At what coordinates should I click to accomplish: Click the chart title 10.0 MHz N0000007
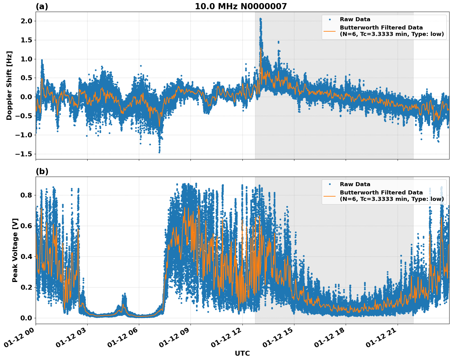coord(241,6)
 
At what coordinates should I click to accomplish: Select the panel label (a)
coord(42,6)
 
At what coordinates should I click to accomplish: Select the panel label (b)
coord(42,171)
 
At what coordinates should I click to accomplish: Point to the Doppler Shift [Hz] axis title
coord(9,85)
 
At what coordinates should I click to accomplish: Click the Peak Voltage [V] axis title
coord(15,250)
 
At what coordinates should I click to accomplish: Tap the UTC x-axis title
coord(242,353)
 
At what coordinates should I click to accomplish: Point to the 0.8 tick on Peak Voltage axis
coord(26,195)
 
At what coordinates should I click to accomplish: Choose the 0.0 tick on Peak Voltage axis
coord(26,318)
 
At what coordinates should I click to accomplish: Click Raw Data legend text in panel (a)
coord(355,19)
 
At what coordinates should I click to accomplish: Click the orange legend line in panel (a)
coord(329,31)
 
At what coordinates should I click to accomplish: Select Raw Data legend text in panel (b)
coord(355,184)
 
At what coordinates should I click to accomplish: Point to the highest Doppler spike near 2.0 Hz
coord(260,19)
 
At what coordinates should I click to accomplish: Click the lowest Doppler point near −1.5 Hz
coord(159,152)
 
